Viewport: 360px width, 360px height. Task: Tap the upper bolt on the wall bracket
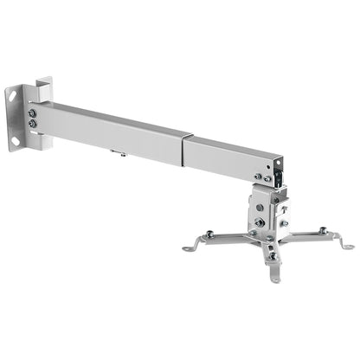[x=33, y=112]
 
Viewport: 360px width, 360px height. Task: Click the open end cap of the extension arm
[x=277, y=169]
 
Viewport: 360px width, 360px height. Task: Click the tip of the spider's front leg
[x=275, y=278]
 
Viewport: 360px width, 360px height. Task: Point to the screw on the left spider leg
[x=209, y=233]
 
